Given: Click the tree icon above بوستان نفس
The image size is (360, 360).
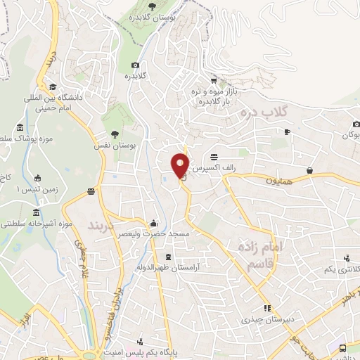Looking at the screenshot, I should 115,134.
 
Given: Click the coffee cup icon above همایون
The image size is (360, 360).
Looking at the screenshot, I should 309,169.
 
